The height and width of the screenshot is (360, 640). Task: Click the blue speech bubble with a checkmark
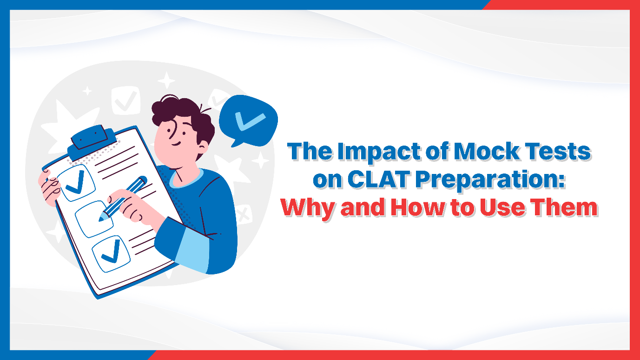(x=248, y=120)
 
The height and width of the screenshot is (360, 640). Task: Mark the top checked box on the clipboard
(x=76, y=183)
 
